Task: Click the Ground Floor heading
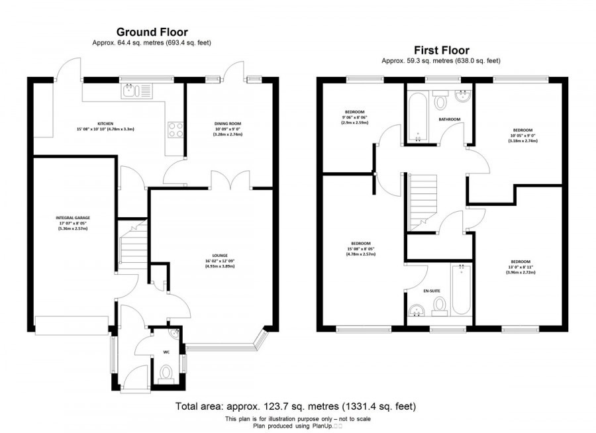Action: tap(152, 32)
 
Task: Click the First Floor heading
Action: tap(441, 50)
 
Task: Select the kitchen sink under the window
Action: tap(136, 91)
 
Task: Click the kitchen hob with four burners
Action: tap(175, 129)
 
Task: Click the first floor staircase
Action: tap(417, 199)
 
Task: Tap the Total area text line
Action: tap(295, 406)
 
